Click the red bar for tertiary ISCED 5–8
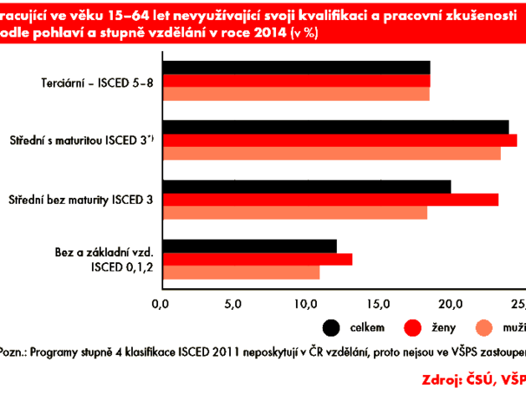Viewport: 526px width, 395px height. (x=297, y=81)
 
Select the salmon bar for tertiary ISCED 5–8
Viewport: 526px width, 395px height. (x=297, y=94)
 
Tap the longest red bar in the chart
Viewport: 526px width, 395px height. (x=340, y=139)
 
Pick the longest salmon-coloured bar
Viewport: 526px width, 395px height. (x=332, y=153)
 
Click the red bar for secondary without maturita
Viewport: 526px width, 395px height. (x=331, y=199)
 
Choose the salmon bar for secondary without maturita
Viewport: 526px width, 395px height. (x=296, y=212)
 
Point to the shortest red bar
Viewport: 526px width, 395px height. (x=258, y=259)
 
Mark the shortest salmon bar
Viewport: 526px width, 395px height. (x=242, y=272)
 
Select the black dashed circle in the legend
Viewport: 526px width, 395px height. (x=332, y=327)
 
